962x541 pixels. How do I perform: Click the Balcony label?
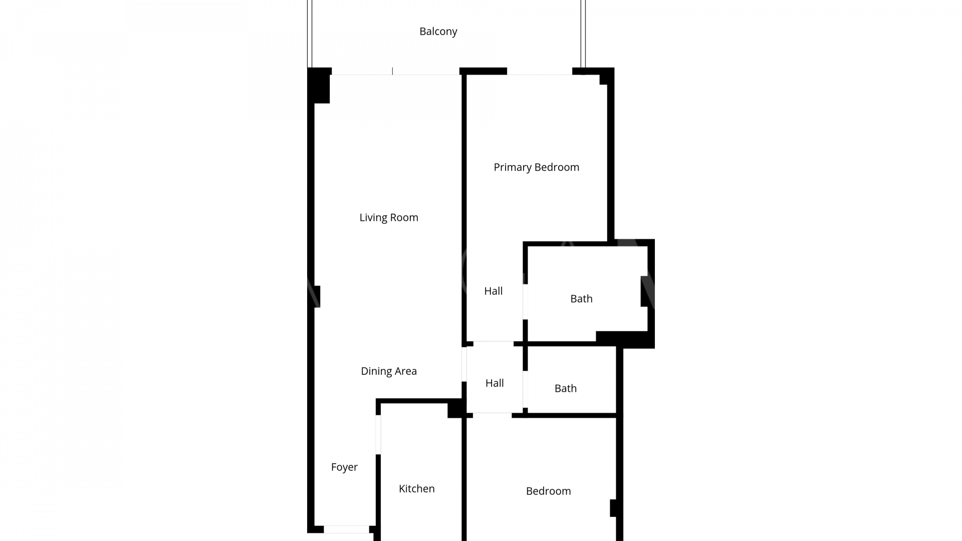coord(438,32)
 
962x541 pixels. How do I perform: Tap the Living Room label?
coord(389,217)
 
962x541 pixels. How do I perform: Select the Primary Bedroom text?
coord(536,167)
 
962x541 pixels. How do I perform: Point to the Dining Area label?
coord(389,371)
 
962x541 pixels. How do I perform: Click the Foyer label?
coord(344,467)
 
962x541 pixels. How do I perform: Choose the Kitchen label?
coord(416,489)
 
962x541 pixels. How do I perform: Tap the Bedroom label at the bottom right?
coord(548,491)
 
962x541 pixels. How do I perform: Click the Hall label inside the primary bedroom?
coord(493,291)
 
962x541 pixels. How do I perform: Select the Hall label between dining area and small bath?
coord(495,383)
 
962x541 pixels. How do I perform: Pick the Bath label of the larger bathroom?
coord(581,299)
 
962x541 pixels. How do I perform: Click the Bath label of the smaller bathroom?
coord(565,389)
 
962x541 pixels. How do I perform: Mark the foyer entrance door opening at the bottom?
coord(346,529)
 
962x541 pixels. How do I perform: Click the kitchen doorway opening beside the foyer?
coord(378,435)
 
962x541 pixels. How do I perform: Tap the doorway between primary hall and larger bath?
coord(525,302)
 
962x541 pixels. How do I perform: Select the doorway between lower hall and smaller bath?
coord(525,389)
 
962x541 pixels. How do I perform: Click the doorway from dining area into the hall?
coord(464,364)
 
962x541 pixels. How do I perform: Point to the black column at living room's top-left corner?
coord(319,86)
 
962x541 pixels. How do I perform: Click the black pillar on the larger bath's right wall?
coord(644,292)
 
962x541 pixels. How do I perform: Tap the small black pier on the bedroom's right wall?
coord(613,508)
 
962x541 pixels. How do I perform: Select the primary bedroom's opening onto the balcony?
coord(540,72)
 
